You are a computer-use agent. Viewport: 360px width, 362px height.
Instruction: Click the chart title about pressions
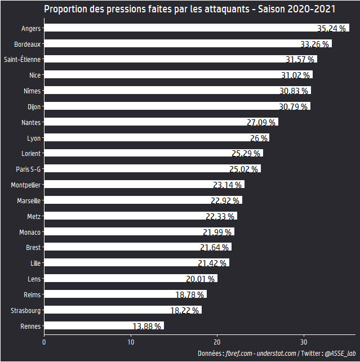coord(190,10)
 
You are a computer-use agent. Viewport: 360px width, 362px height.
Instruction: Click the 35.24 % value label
coord(331,28)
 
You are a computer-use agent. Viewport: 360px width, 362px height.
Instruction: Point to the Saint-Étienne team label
coord(22,59)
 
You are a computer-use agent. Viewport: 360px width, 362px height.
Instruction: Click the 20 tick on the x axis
coord(217,341)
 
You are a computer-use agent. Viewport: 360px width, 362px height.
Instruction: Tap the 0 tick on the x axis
coord(44,341)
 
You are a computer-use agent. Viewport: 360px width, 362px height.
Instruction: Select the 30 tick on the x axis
coord(304,341)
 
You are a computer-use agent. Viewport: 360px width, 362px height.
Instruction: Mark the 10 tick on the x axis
coord(131,341)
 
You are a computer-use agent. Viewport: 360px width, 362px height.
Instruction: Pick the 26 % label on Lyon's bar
coord(259,138)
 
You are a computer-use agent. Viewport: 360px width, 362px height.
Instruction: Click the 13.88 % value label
coord(147,326)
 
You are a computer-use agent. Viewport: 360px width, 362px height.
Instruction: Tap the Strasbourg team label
coord(25,310)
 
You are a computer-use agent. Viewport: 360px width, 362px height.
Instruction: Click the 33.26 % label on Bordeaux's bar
coord(314,44)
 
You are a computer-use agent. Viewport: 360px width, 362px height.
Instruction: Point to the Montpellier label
coord(25,185)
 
